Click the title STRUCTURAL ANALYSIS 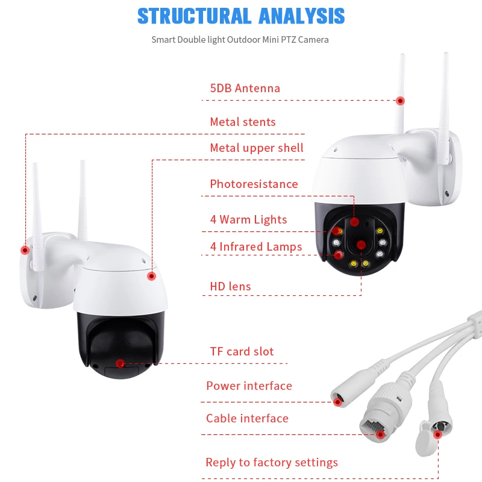(x=241, y=16)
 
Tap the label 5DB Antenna (x=245, y=89)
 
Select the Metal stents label (x=242, y=122)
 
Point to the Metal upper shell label (x=257, y=148)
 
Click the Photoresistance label (x=254, y=184)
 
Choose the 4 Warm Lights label (x=248, y=220)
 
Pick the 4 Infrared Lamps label (x=255, y=247)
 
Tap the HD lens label (x=230, y=286)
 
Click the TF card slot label (x=242, y=352)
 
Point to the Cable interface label (x=247, y=419)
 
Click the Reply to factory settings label (x=272, y=463)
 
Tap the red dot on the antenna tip (x=399, y=101)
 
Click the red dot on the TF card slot (x=120, y=363)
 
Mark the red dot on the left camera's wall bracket (x=25, y=249)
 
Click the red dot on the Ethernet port (x=380, y=434)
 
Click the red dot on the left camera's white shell (x=152, y=276)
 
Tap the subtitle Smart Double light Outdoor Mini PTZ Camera (x=240, y=40)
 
